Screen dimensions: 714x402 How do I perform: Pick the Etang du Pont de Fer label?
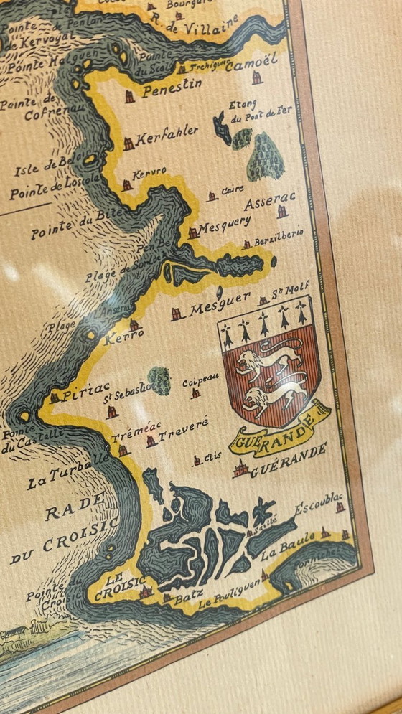[x=260, y=108]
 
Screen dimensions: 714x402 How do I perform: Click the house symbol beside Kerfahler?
[x=128, y=144]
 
